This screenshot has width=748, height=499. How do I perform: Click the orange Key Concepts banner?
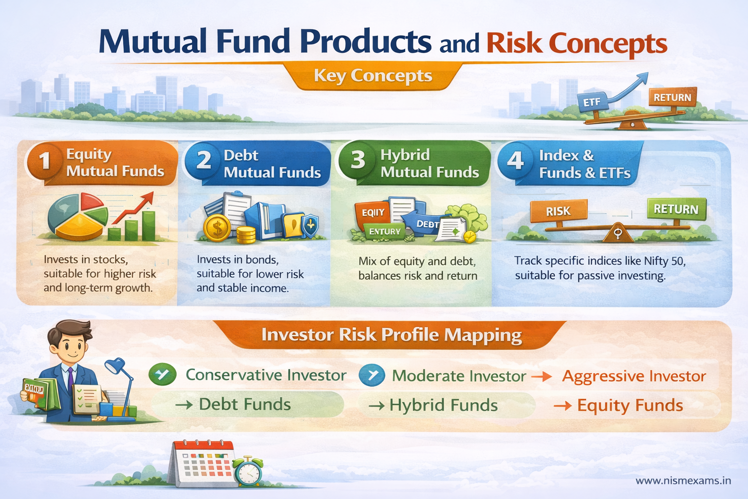(373, 77)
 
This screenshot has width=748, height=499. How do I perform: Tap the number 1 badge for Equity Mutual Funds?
(45, 160)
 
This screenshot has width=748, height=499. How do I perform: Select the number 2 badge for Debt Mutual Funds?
(204, 160)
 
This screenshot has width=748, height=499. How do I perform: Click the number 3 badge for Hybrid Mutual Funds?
(358, 159)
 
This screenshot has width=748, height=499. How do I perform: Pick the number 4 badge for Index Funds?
(515, 160)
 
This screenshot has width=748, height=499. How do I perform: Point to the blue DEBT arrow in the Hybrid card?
(424, 222)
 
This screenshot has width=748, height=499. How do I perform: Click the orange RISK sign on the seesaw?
(558, 211)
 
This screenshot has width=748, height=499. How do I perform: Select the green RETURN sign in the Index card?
(676, 209)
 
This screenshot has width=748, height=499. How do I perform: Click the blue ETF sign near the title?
(592, 102)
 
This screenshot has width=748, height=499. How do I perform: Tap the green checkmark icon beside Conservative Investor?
(163, 375)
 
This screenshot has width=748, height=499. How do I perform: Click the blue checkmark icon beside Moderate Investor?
(372, 375)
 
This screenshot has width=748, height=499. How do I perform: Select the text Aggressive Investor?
(634, 376)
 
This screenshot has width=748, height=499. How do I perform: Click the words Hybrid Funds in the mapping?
(443, 405)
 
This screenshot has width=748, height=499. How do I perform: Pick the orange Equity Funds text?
(630, 405)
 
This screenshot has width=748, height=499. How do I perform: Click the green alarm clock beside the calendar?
(248, 472)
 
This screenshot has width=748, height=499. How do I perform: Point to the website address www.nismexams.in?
(683, 480)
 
